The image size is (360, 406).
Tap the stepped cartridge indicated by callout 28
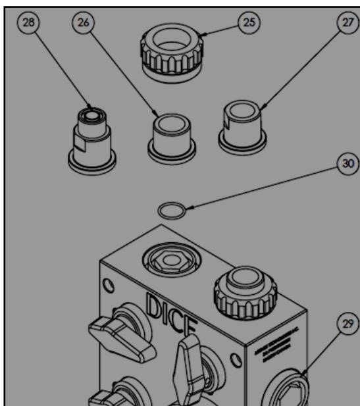click(93, 135)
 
